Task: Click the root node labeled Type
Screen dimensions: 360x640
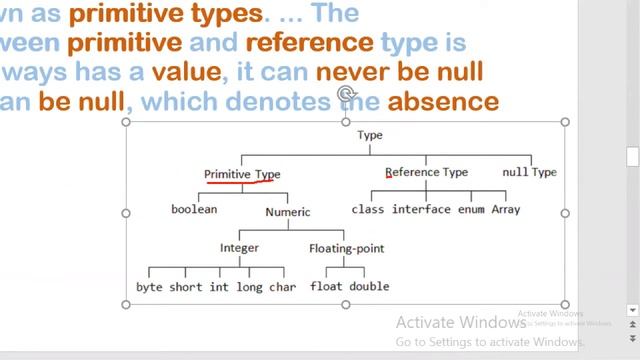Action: tap(369, 135)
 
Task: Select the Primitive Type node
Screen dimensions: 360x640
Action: tap(242, 174)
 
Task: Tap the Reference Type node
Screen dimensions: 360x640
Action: tap(426, 172)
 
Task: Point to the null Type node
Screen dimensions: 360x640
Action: tap(529, 172)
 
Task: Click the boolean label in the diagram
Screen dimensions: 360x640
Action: tap(194, 210)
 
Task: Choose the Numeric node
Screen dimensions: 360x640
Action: tap(288, 212)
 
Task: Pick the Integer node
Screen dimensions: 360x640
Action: tap(239, 248)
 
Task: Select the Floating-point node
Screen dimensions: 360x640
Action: tap(346, 248)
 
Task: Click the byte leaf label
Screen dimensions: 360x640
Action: tap(149, 287)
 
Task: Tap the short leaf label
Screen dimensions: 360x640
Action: tap(185, 287)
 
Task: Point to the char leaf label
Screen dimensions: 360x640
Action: tap(283, 287)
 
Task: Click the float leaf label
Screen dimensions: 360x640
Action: tap(327, 287)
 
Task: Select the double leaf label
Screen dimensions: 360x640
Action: tap(369, 287)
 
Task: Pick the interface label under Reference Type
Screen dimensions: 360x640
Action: tap(421, 210)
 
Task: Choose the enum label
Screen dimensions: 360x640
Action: tap(471, 210)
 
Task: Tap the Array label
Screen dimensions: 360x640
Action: tap(505, 210)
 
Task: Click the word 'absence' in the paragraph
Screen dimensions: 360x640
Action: tap(443, 102)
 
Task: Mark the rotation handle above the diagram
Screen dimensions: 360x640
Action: tap(346, 95)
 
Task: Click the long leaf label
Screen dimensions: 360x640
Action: tap(250, 287)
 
